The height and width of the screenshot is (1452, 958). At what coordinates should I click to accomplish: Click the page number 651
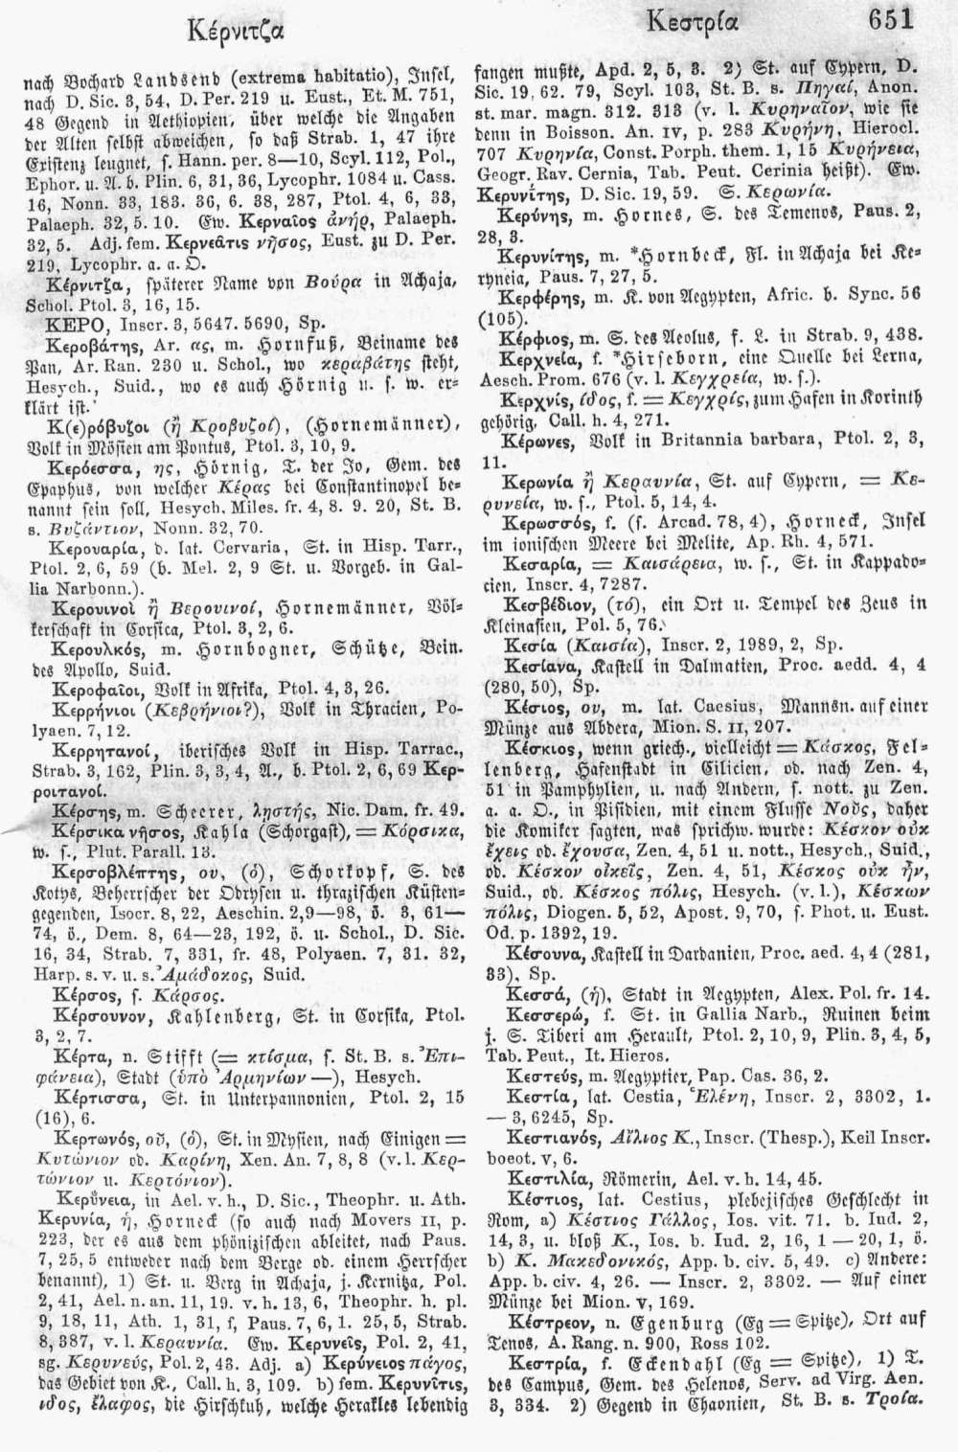(x=890, y=18)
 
